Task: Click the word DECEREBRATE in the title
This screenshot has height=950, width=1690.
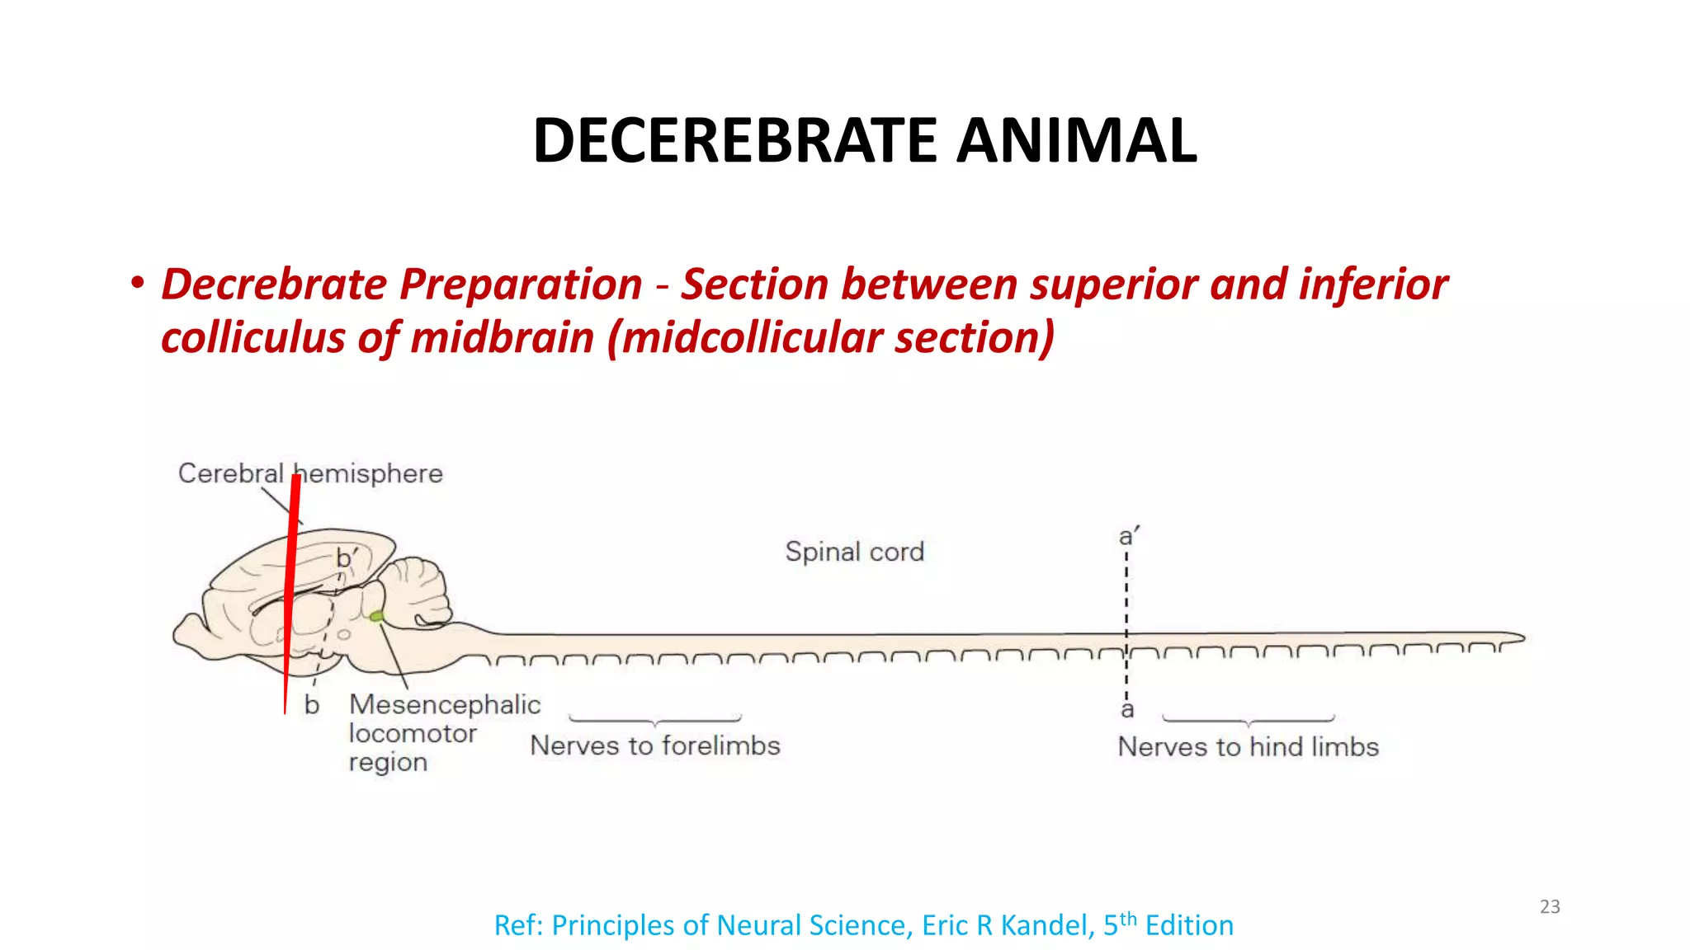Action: tap(734, 140)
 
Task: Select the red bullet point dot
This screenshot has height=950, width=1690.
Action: tap(137, 283)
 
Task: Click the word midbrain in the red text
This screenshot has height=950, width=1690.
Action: tap(502, 338)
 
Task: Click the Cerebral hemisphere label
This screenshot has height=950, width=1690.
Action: tap(310, 473)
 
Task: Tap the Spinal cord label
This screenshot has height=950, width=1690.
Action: tap(854, 551)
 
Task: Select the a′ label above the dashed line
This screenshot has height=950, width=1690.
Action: tap(1128, 536)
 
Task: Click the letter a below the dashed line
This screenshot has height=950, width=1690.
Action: tap(1127, 709)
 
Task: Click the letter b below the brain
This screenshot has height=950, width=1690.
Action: tap(311, 705)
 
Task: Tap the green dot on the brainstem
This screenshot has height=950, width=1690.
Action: tap(376, 616)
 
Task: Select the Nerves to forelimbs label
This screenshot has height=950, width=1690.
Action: tap(654, 745)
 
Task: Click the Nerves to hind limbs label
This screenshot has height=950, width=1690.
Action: tap(1248, 746)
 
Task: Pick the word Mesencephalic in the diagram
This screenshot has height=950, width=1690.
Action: tap(445, 704)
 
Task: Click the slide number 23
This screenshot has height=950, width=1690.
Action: tap(1550, 906)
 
